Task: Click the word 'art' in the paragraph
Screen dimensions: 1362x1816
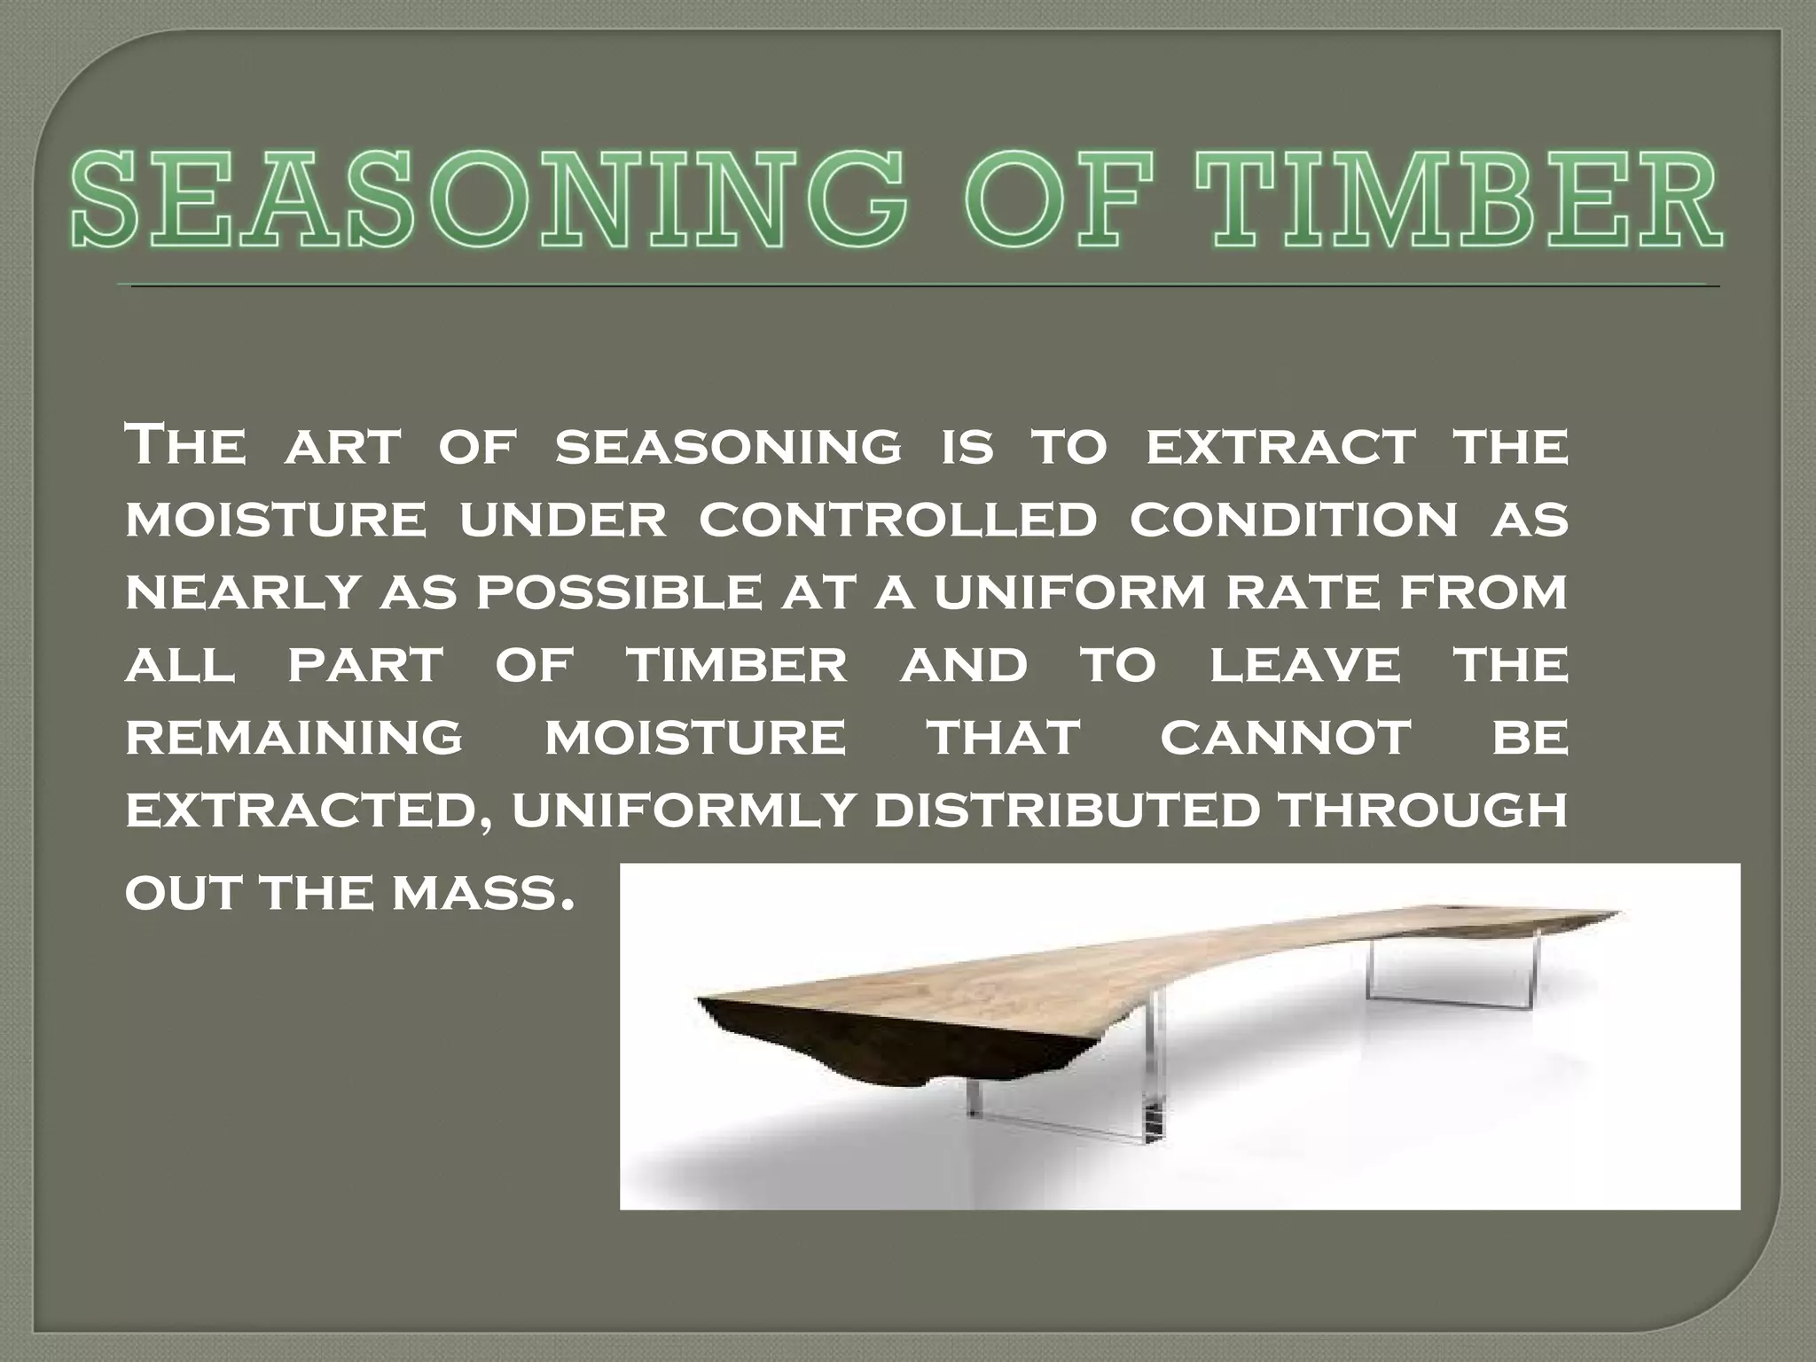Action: [342, 447]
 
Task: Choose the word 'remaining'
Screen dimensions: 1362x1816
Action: [294, 738]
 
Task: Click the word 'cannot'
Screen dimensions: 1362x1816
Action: [1285, 738]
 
